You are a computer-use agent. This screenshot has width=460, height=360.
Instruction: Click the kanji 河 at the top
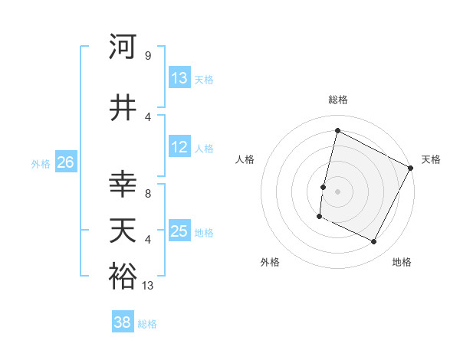pos(123,47)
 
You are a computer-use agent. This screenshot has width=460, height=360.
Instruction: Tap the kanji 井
pos(123,107)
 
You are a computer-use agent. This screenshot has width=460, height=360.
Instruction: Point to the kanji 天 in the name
pos(123,231)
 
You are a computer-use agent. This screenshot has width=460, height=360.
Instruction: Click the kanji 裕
pos(123,277)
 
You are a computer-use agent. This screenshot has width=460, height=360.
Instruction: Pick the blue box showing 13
pos(179,78)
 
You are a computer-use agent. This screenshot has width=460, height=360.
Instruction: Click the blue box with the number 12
pos(179,147)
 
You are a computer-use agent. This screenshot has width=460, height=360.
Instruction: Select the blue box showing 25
pos(179,231)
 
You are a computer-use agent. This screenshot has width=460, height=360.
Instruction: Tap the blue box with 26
pos(65,162)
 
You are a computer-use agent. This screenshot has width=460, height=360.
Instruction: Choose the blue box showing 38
pos(123,322)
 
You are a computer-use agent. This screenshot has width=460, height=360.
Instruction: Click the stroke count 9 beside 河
pos(148,56)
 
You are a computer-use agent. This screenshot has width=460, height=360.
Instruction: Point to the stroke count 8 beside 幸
pos(148,193)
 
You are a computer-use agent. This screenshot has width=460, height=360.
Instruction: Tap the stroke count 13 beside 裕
pos(149,286)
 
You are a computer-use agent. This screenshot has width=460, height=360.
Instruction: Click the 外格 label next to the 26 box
pos(41,163)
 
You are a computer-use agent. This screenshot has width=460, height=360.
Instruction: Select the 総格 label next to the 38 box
pos(147,323)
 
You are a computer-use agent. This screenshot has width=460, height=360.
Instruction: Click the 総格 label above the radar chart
pos(337,100)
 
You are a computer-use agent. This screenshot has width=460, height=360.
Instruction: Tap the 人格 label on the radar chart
pos(245,159)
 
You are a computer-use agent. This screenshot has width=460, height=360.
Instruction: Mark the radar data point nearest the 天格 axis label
pos(411,168)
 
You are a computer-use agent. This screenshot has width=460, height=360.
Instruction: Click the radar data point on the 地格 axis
pos(374,242)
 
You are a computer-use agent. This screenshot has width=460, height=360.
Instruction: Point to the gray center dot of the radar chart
pos(337,191)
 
